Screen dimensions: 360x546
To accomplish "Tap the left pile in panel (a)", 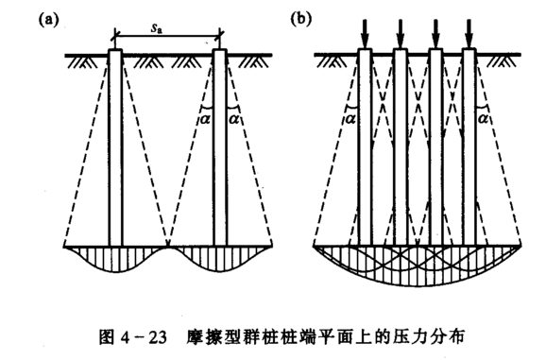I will coord(115,146).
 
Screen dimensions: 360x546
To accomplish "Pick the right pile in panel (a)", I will coord(220,146).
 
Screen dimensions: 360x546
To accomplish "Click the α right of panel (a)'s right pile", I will coord(236,119).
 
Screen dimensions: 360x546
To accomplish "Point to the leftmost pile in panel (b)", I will coord(366,146).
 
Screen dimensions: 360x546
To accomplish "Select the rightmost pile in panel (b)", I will coord(469,146).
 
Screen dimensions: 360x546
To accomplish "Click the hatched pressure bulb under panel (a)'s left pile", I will coord(114,259).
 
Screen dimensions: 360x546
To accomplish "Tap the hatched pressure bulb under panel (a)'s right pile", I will coord(220,259).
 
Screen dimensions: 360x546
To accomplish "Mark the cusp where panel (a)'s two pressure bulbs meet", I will coord(167,249).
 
